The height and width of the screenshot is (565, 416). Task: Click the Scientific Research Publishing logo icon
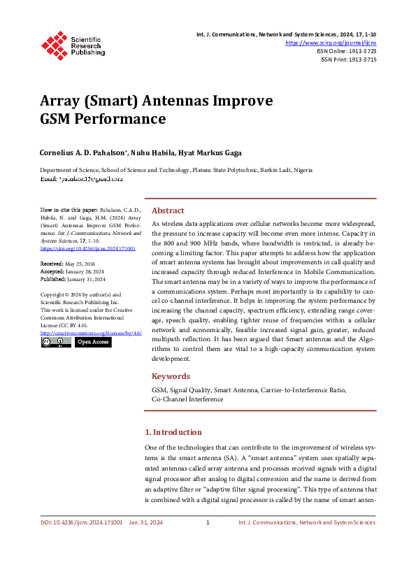pos(54,43)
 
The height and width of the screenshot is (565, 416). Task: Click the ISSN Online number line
pos(346,51)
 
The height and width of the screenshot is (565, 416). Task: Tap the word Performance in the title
pos(124,118)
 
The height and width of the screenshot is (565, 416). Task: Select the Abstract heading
pos(168,210)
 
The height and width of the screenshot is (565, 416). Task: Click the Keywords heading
pos(171,376)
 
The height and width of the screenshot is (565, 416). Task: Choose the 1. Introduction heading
pos(173,432)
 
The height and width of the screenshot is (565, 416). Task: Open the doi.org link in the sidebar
pos(88,248)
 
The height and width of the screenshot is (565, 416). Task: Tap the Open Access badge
pos(93,342)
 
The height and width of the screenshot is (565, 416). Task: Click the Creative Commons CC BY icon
pos(56,342)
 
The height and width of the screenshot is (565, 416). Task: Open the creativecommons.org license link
pos(91,333)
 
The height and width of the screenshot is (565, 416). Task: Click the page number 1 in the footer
pos(208,522)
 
